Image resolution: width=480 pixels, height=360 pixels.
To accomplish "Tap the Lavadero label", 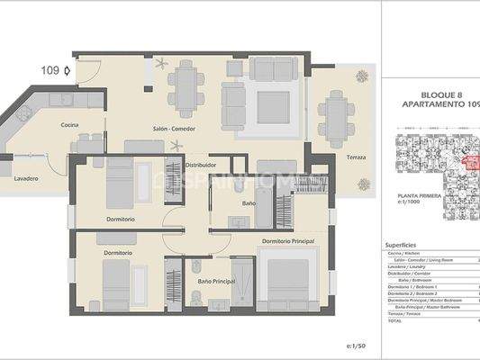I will (26, 178).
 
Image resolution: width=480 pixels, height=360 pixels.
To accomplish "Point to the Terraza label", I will (356, 157).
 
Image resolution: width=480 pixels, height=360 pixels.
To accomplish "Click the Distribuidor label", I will (200, 165).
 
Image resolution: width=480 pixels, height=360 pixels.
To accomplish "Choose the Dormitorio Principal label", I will (287, 241).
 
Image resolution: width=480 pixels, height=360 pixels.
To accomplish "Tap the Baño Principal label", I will (216, 282).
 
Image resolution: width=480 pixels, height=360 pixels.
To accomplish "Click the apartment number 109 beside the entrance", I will (52, 69).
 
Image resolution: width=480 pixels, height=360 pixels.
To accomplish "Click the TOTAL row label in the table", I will (395, 319).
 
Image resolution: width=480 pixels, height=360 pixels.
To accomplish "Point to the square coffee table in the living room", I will (273, 107).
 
